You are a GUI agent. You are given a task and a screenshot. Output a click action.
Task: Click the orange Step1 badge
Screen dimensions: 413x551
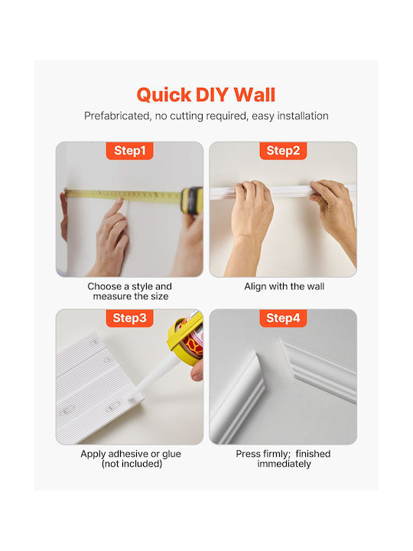129,151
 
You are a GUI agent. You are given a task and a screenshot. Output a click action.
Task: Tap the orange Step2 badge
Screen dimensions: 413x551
283,151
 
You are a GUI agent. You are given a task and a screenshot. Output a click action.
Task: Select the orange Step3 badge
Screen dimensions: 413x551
129,318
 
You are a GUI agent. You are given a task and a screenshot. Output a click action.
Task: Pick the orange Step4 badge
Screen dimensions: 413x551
283,318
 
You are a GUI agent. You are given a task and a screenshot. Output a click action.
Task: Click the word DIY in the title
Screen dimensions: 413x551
213,95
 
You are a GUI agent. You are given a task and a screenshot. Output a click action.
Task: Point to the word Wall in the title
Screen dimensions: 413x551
255,95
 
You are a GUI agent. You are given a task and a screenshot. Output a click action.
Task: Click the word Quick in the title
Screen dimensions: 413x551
164,95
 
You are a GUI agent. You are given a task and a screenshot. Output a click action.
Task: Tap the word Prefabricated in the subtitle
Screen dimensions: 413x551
117,116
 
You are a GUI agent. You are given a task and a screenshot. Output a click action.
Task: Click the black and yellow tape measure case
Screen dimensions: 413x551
192,201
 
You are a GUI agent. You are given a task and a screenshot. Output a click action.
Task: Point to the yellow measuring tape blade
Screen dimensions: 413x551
123,196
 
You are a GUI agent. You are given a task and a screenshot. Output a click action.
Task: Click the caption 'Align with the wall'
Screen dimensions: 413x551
284,286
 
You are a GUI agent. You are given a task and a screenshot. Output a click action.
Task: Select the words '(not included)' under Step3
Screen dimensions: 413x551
132,464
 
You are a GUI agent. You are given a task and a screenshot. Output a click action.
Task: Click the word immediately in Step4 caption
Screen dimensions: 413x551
284,464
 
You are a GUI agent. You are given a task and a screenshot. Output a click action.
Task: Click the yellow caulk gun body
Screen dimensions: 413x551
185,338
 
